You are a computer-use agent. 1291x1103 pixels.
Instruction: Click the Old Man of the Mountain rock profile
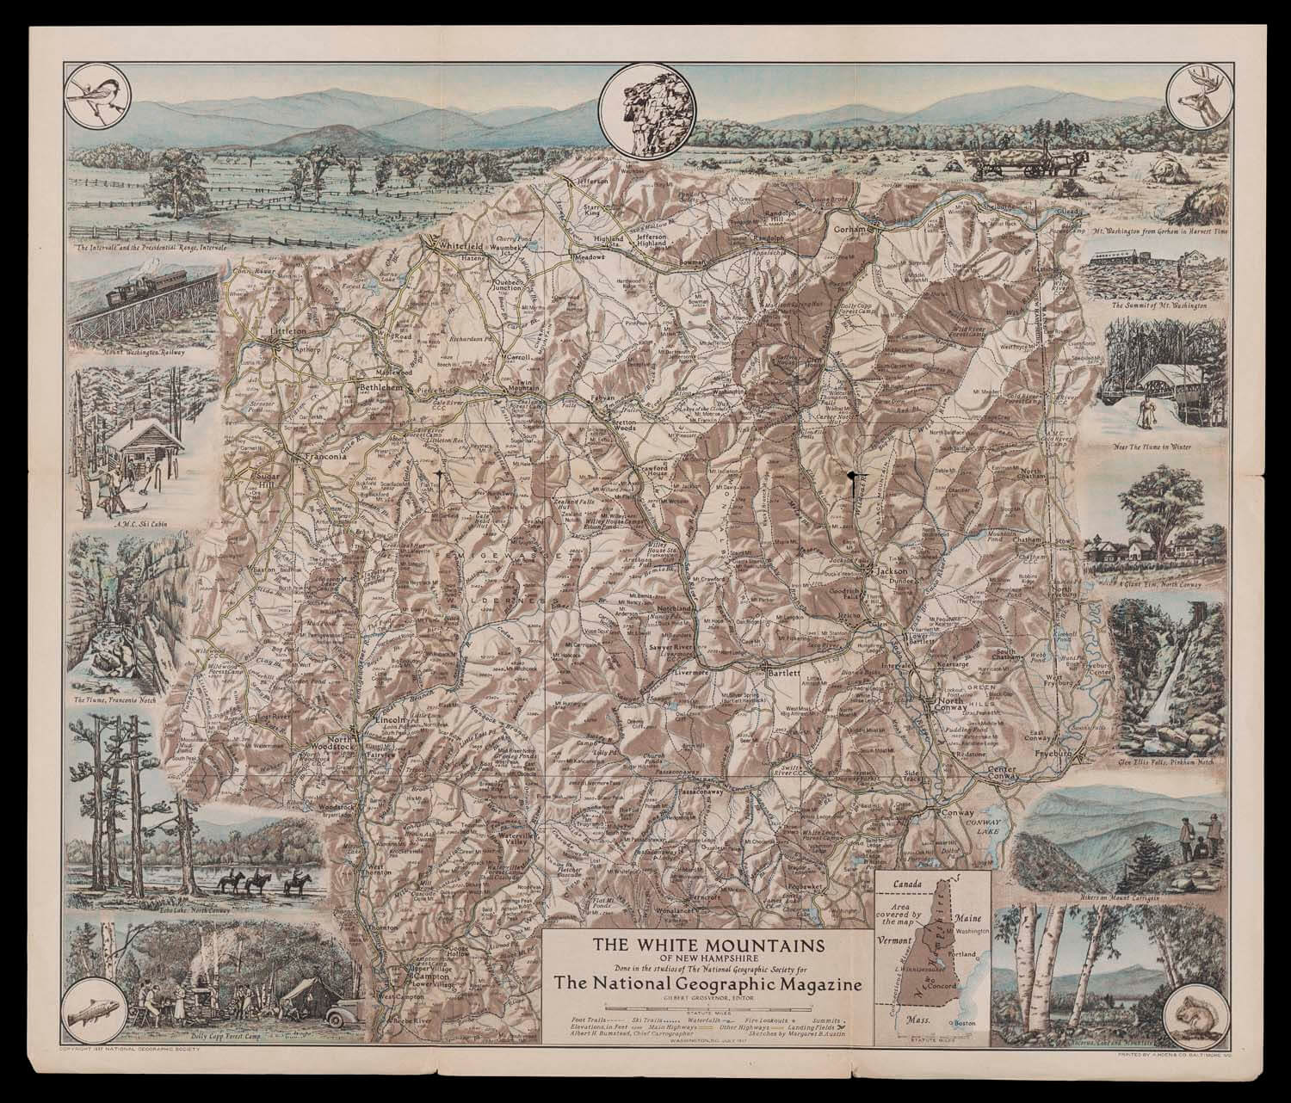[x=645, y=114]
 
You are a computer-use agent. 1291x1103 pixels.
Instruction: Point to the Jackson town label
[x=890, y=570]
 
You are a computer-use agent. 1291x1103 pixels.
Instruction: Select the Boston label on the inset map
[x=969, y=1022]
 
